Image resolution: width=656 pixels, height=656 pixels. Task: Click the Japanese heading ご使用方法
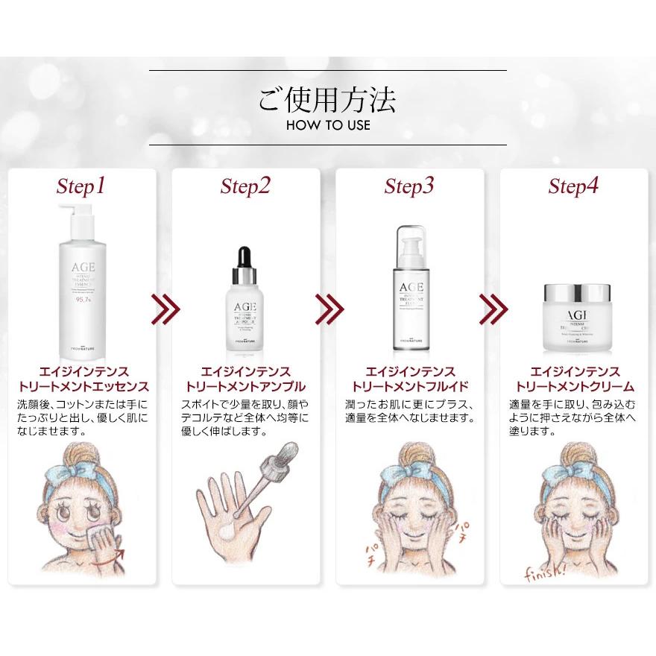(327, 98)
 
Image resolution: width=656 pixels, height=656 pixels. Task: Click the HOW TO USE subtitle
(327, 124)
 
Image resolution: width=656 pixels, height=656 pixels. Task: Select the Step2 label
(245, 186)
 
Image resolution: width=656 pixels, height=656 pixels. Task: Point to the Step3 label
(409, 186)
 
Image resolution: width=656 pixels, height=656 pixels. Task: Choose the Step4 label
(573, 186)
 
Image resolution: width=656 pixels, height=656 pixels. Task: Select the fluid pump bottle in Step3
(409, 291)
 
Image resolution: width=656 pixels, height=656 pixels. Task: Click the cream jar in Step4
(573, 317)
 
